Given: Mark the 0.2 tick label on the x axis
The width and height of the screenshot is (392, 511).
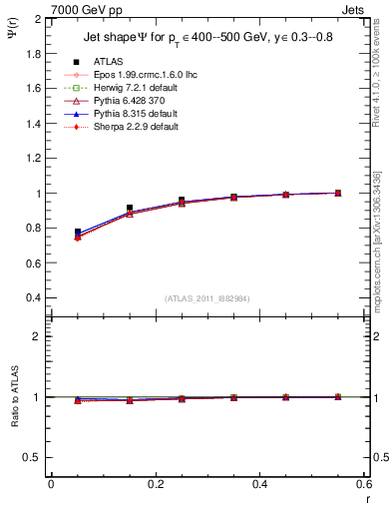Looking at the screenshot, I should click(x=155, y=484).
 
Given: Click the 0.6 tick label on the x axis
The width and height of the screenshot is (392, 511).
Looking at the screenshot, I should click(x=363, y=484).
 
